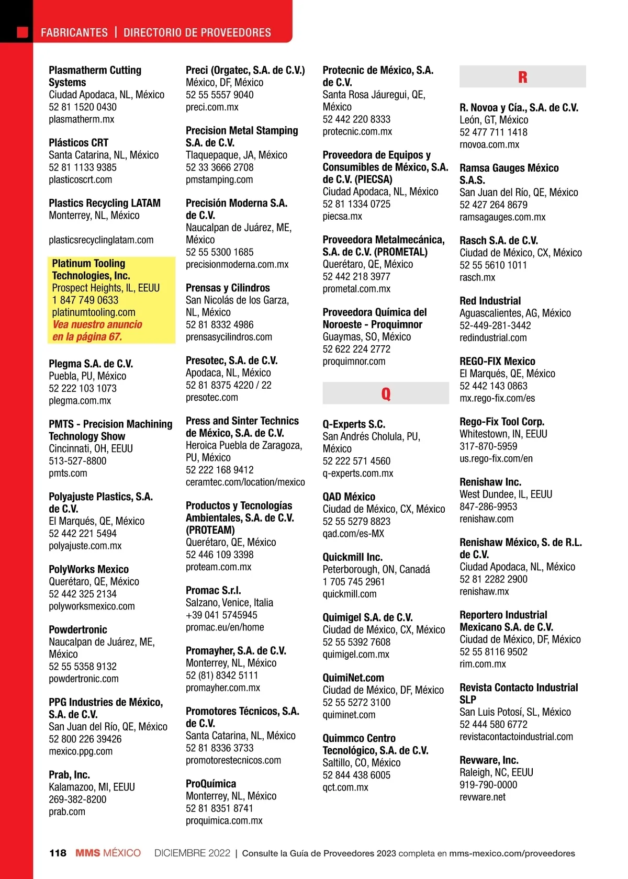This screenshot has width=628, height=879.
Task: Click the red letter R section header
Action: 522,77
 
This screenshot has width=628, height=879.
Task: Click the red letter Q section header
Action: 386,393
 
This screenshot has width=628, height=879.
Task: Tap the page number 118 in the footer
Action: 58,853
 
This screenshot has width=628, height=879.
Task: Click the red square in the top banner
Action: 23,32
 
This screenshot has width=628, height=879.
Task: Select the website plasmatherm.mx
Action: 81,119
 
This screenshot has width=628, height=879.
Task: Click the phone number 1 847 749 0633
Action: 85,300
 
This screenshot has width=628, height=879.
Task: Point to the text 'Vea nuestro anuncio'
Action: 97,324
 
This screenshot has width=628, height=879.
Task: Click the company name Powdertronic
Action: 77,629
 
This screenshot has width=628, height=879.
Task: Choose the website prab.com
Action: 67,812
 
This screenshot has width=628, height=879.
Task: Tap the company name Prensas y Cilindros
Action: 228,288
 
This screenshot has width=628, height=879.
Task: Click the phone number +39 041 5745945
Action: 221,615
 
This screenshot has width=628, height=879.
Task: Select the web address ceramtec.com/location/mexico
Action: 245,482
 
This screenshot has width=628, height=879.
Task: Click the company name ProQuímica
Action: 210,783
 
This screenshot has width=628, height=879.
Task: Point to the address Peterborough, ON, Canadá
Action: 376,569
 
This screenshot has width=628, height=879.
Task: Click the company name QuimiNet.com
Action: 353,678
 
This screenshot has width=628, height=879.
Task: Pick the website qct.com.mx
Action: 345,787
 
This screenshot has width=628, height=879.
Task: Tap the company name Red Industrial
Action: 490,301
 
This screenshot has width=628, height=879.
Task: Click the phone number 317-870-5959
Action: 488,446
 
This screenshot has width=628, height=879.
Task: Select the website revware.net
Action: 482,797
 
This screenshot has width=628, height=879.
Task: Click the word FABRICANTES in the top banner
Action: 74,32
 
